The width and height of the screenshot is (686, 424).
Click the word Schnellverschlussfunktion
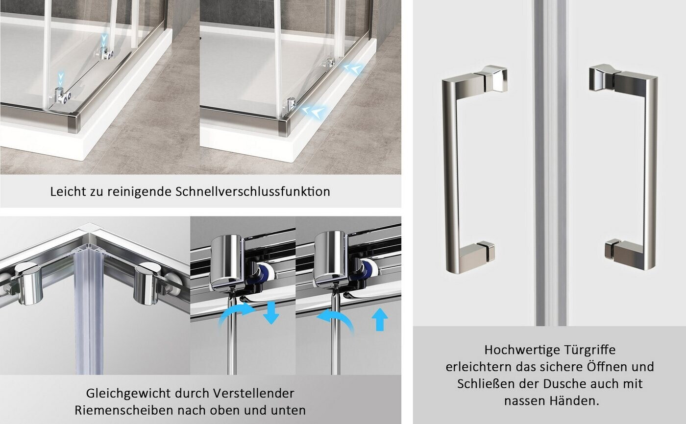[x=253, y=191]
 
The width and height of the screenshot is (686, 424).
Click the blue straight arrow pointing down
[x=271, y=313]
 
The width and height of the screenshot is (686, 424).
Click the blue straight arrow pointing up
[x=380, y=319]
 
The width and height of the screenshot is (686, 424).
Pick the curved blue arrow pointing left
[x=335, y=319]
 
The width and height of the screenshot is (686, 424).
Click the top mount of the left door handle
[x=491, y=79]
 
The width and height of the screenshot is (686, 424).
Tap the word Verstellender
[x=254, y=394]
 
